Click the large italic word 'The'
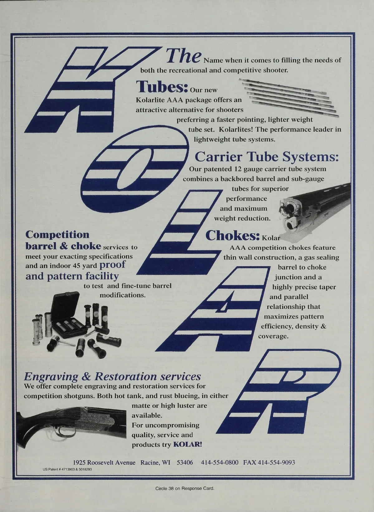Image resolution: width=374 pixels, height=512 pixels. point(184,56)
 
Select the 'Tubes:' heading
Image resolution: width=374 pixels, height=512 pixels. point(162,87)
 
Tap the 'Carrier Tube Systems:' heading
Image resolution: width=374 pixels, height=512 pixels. point(266,157)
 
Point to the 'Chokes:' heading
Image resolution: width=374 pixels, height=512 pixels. point(233,235)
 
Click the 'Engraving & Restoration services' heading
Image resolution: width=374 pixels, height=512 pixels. point(113,376)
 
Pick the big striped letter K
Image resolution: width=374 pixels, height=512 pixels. point(93,90)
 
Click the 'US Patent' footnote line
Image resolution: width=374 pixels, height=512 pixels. point(67,469)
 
